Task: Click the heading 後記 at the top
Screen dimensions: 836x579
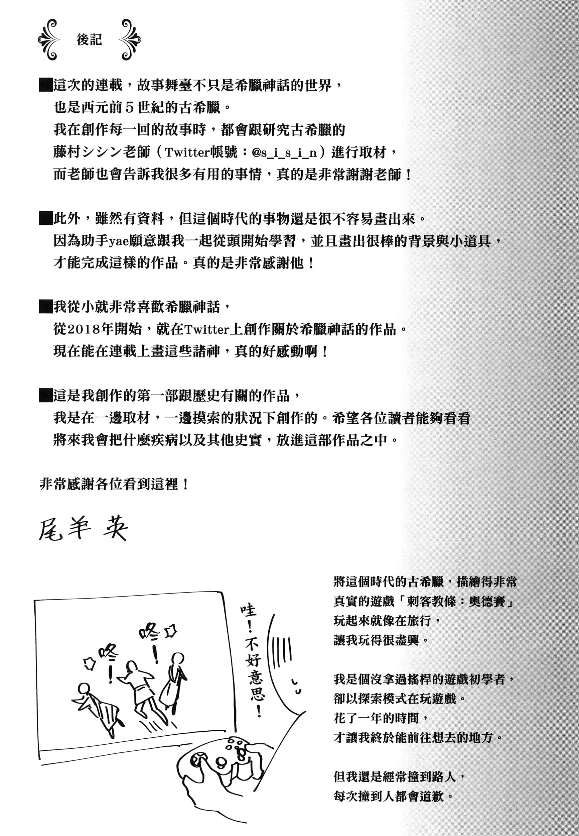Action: click(x=89, y=39)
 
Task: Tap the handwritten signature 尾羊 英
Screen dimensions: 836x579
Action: click(x=83, y=530)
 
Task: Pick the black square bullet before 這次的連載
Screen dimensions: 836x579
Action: click(x=46, y=86)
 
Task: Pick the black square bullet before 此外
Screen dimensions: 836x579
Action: click(x=46, y=219)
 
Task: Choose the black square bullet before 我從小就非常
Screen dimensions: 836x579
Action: click(x=46, y=307)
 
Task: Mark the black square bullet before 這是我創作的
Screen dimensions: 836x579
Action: click(x=46, y=395)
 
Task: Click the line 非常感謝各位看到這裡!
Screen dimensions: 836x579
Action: click(x=114, y=484)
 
